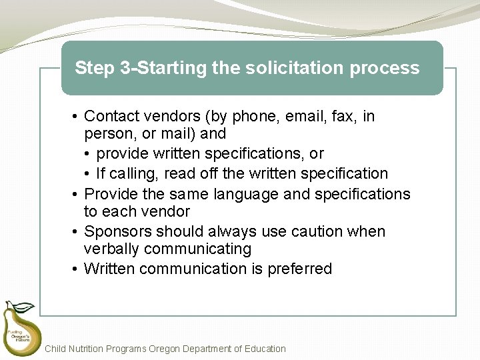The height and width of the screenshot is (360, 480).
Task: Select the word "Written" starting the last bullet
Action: [111, 269]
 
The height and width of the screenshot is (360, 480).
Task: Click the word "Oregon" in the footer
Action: [168, 349]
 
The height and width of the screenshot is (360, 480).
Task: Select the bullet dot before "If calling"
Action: [88, 174]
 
